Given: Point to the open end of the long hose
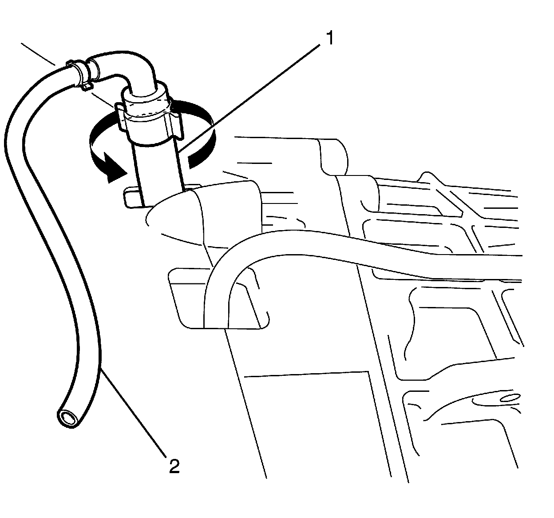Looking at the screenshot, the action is coord(68,418).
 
